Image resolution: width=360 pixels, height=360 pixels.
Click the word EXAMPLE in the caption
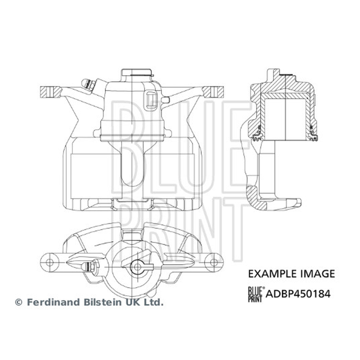(x=273, y=274)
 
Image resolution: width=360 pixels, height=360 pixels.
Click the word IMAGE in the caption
(x=318, y=274)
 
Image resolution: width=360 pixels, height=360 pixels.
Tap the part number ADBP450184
(x=298, y=294)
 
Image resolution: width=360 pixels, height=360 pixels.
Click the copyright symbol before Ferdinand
(x=18, y=302)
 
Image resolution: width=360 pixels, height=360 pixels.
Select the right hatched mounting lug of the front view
(x=213, y=92)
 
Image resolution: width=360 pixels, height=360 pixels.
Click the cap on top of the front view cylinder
(x=137, y=74)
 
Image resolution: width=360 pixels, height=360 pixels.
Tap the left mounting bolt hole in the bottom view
(x=49, y=262)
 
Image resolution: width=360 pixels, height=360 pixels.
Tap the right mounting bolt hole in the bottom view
(x=214, y=262)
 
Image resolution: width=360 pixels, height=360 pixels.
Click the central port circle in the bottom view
(x=137, y=267)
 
